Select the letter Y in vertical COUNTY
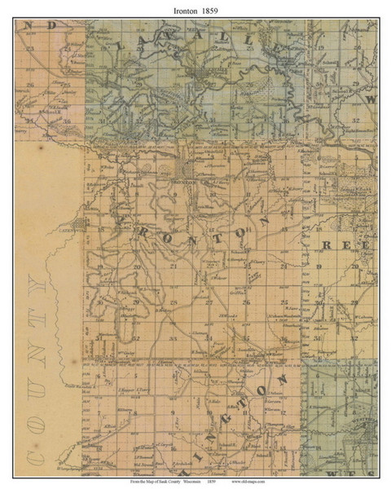33,287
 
